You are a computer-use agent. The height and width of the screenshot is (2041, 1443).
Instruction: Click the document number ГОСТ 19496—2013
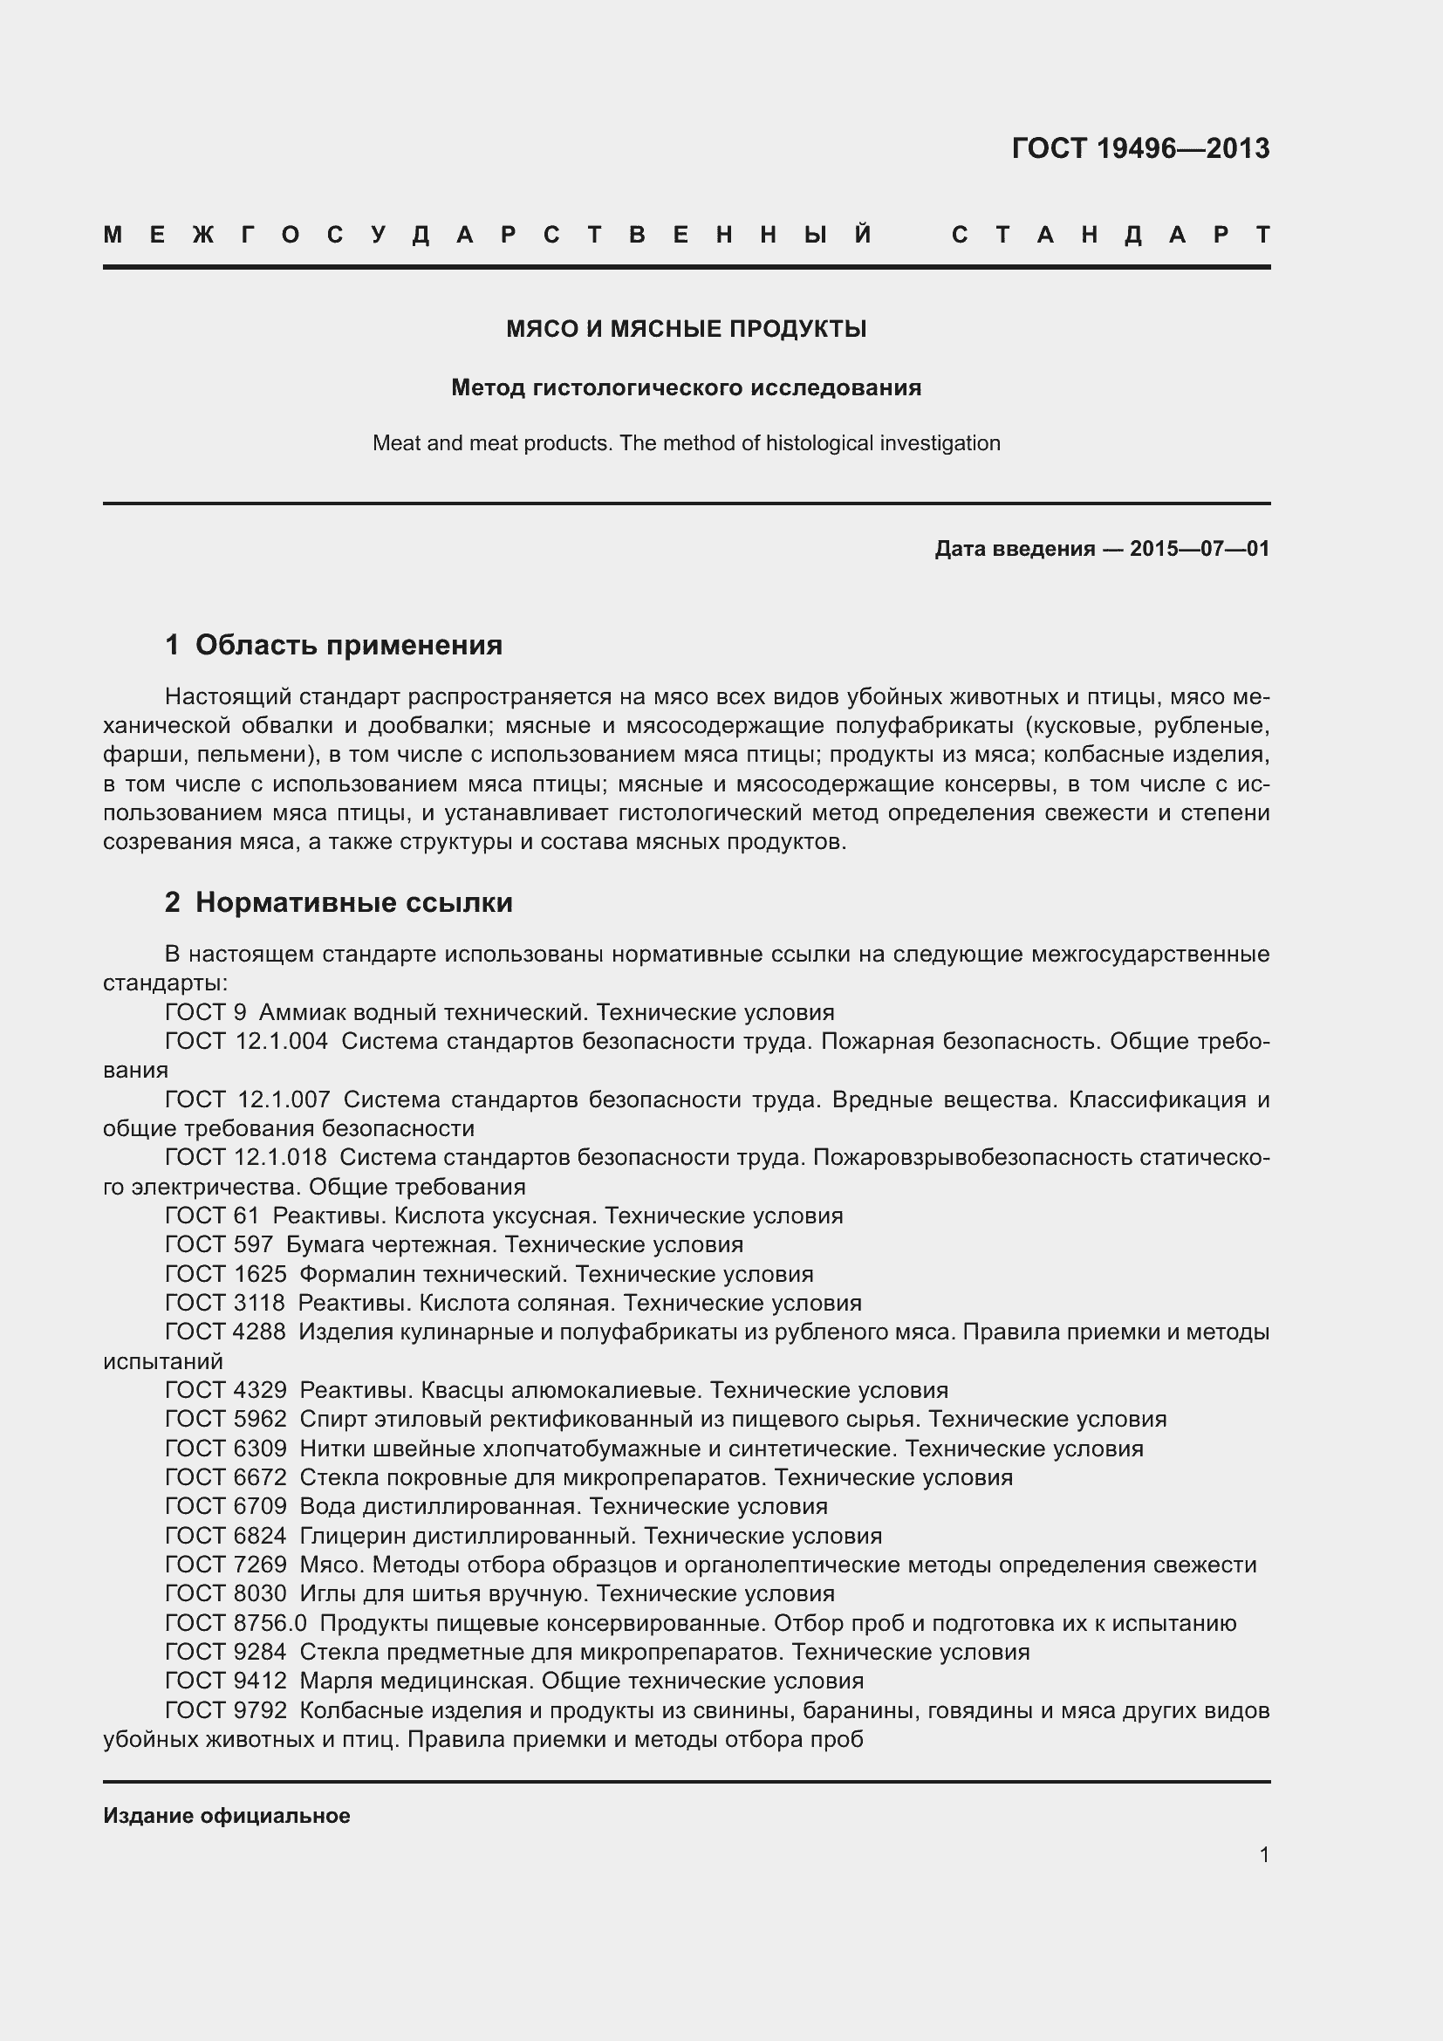(1140, 148)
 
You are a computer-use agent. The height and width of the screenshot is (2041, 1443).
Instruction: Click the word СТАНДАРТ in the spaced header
(1111, 236)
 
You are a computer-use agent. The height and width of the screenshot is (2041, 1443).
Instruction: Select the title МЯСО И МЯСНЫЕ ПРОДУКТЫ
(686, 330)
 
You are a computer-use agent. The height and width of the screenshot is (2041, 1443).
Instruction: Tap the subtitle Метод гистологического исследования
(686, 387)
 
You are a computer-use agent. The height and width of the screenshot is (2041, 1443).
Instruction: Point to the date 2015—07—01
(1200, 549)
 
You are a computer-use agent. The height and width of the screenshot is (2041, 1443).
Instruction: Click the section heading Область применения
(348, 645)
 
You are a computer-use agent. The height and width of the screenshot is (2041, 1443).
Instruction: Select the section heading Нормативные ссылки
(353, 902)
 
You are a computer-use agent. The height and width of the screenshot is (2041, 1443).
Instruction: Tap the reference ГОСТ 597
(219, 1244)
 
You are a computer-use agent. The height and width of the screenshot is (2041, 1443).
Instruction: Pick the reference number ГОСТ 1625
(226, 1274)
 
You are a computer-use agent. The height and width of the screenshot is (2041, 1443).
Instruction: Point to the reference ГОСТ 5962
(226, 1419)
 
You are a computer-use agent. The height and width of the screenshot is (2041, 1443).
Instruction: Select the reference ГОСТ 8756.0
(236, 1623)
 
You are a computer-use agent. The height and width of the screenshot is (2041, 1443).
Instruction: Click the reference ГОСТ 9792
(226, 1710)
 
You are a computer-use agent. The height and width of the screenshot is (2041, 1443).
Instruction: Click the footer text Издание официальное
(227, 1815)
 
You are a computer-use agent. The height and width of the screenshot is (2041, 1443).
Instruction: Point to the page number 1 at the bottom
(1263, 1855)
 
